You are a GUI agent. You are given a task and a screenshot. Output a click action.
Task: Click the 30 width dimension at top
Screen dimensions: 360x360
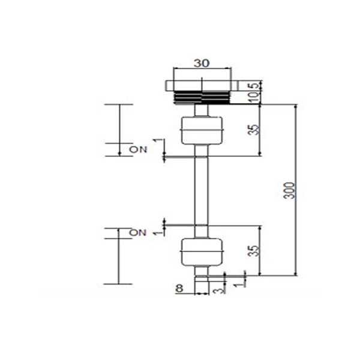[x=202, y=64]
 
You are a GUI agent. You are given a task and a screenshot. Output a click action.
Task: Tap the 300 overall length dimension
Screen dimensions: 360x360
[x=289, y=191]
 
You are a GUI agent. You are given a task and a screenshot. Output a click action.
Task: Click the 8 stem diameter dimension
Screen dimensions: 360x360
[x=179, y=289]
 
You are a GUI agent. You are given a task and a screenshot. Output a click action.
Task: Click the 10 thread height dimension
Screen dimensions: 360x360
[x=254, y=97]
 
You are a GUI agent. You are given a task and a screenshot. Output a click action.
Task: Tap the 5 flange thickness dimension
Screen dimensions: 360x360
[x=254, y=86]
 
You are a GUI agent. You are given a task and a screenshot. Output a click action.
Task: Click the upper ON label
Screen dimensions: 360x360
[x=138, y=149]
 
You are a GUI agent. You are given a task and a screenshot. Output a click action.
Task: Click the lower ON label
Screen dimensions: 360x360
[x=138, y=233]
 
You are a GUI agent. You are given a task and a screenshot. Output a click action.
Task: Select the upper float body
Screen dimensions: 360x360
[x=202, y=131]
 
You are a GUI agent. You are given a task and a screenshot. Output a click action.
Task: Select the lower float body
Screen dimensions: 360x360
[x=202, y=252]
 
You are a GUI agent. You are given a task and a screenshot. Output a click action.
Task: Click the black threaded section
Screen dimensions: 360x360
[x=202, y=97]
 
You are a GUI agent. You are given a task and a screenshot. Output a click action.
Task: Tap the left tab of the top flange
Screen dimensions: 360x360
[x=170, y=86]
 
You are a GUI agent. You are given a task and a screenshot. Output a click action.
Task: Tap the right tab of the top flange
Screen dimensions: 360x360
[x=235, y=86]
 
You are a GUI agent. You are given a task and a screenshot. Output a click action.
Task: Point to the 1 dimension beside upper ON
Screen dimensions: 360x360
[x=158, y=140]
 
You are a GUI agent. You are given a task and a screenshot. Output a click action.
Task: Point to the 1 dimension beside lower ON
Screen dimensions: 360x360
[x=158, y=233]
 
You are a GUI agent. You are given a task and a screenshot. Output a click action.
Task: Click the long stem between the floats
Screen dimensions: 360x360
[x=202, y=191]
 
